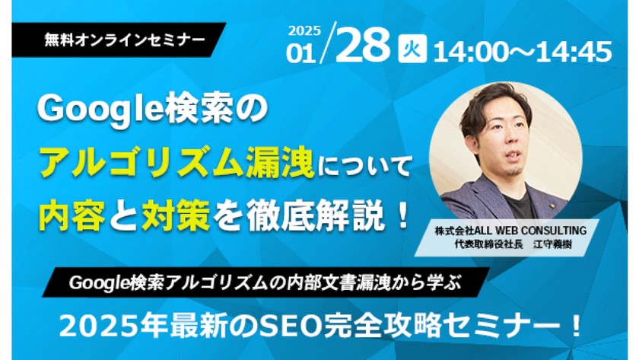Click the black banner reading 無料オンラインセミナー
click(x=125, y=38)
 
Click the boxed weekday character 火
click(x=412, y=52)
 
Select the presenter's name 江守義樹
click(x=554, y=244)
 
